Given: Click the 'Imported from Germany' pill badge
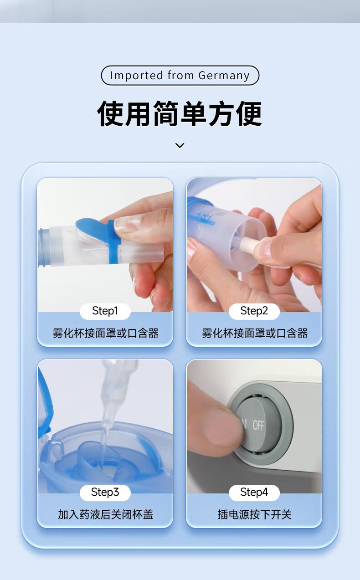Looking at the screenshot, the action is (180, 75).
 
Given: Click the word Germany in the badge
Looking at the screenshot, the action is (224, 76).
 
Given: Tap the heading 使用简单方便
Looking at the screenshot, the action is (180, 114).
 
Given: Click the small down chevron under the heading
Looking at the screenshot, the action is (180, 145).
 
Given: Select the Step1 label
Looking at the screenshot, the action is (105, 311).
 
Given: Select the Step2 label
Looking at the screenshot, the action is (254, 311).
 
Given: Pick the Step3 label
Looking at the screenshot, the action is (105, 492).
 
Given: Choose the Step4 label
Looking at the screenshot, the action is (254, 492).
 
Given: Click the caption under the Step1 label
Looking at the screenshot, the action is (105, 333).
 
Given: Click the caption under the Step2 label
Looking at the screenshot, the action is (255, 333).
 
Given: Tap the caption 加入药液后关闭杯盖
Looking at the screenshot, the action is (105, 514).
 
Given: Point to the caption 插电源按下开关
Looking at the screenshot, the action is (255, 514).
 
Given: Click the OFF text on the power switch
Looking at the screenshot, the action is (258, 425).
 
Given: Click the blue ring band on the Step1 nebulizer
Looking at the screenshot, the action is (114, 243).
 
